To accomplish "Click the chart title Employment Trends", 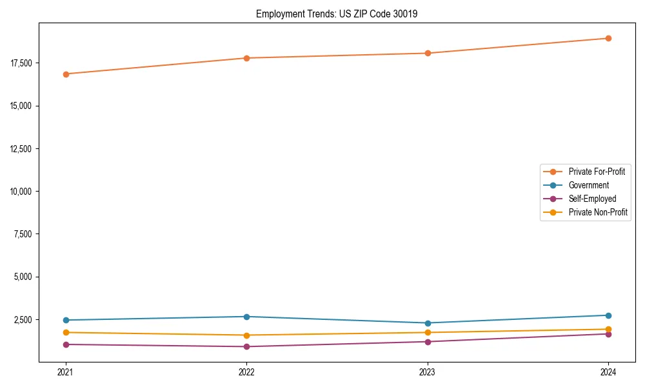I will [x=337, y=14].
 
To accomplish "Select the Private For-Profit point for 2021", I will [x=66, y=74].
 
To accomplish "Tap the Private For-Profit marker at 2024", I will [x=608, y=38].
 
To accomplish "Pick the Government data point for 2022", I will [x=246, y=317].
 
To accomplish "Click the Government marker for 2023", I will [x=428, y=323].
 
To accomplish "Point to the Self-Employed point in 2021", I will [x=66, y=344].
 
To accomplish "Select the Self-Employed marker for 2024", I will [x=608, y=333].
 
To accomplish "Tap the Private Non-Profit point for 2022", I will [x=246, y=335].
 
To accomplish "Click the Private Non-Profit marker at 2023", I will [x=428, y=333].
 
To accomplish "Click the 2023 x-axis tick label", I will [x=428, y=372].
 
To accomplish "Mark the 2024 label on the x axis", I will [x=608, y=372].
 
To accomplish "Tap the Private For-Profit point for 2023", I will [x=428, y=53].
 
